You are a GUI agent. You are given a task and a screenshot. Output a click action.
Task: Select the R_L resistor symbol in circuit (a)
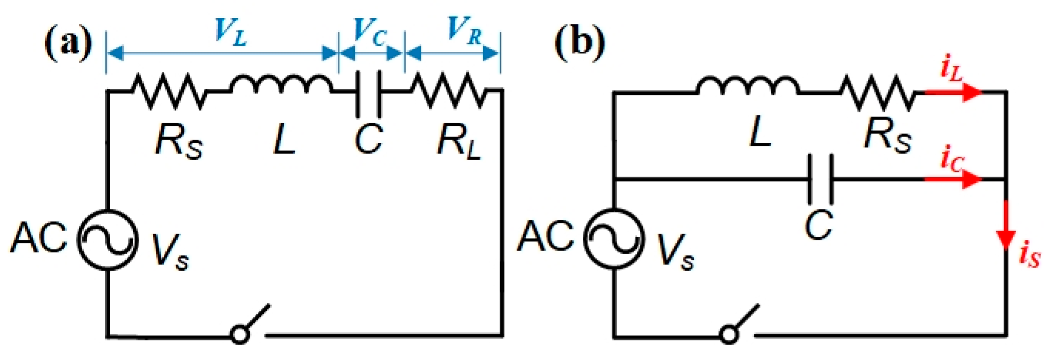448,91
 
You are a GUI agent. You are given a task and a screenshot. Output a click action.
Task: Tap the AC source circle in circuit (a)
108,239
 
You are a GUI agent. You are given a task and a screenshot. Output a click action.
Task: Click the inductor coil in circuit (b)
747,87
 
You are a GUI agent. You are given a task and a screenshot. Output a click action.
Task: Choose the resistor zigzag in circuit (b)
877,93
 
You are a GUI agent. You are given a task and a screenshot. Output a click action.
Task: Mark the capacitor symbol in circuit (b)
820,179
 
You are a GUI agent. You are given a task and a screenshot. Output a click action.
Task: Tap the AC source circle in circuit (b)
614,239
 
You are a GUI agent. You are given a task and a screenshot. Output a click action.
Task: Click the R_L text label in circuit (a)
459,141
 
